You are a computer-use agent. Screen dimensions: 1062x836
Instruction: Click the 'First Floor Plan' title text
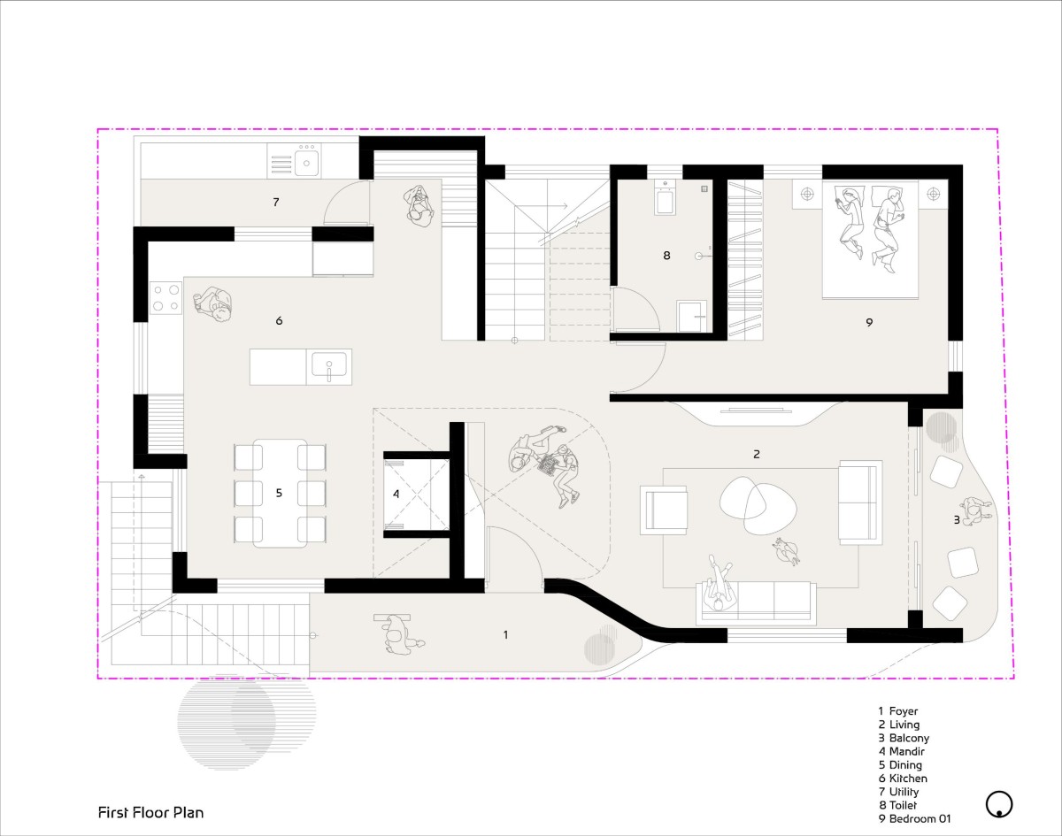point(150,813)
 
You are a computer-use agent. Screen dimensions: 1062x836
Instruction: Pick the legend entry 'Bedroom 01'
point(914,818)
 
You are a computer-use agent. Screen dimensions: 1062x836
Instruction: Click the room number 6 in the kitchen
point(279,321)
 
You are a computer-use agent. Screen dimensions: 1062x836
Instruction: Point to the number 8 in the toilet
point(666,256)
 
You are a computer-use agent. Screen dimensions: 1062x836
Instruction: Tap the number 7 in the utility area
point(276,202)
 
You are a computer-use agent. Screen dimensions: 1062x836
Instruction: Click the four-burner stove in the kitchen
point(165,297)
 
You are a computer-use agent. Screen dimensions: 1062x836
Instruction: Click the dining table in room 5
point(280,493)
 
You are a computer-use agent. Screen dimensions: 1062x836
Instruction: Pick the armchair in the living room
point(664,510)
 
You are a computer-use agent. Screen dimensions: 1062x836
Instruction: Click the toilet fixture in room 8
point(666,198)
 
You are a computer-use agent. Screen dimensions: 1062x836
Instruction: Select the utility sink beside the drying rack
point(306,161)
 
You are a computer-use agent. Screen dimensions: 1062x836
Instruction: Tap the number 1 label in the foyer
point(505,634)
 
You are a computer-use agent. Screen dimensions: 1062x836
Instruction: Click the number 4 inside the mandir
point(396,494)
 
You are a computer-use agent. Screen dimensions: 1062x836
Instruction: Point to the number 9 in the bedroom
point(869,322)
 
